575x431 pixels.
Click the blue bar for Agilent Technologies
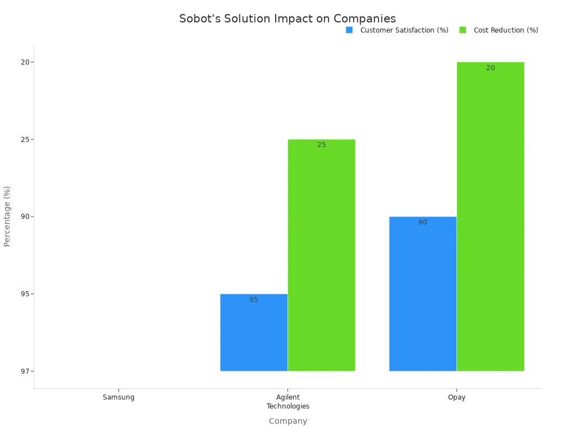click(x=254, y=332)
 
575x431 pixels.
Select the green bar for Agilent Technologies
click(x=321, y=255)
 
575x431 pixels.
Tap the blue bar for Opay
click(x=423, y=294)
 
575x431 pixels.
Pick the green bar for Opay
click(x=490, y=216)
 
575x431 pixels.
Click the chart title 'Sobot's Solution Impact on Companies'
click(x=287, y=19)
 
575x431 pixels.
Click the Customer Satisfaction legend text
click(x=404, y=30)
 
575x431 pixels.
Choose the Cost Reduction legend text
click(x=506, y=30)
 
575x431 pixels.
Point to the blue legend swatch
click(x=349, y=30)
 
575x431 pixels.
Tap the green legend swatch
click(x=463, y=30)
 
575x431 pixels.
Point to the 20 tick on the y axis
click(x=25, y=62)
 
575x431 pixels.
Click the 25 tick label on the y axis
click(x=25, y=139)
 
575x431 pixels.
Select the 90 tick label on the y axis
click(x=25, y=217)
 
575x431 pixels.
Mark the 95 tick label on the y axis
click(x=25, y=294)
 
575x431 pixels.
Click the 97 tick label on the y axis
click(x=25, y=371)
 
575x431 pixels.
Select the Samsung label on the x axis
click(x=118, y=397)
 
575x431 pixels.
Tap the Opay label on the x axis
click(x=457, y=397)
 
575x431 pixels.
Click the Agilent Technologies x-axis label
click(x=287, y=402)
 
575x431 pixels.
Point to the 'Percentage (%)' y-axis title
click(x=7, y=216)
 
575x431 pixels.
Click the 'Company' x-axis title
click(x=287, y=421)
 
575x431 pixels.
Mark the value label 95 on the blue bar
click(x=254, y=300)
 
